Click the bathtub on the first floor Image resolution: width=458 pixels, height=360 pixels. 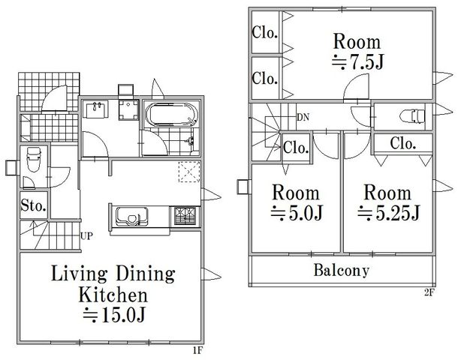[x=171, y=114]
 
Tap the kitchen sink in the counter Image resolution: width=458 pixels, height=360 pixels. [x=131, y=217]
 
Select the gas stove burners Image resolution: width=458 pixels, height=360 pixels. [x=185, y=216]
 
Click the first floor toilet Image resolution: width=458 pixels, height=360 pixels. [x=33, y=160]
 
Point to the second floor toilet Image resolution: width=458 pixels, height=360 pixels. [x=412, y=115]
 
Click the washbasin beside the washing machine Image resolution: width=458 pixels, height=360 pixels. [x=96, y=109]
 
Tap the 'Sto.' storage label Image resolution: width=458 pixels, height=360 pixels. [x=34, y=206]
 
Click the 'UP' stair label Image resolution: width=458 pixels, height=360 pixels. [x=86, y=236]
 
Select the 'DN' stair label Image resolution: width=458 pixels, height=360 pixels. [x=303, y=118]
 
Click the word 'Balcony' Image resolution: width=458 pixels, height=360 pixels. [x=342, y=271]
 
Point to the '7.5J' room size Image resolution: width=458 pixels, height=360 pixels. [x=357, y=61]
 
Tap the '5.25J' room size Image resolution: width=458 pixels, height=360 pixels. [x=388, y=213]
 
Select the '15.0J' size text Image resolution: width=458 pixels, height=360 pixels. [x=114, y=314]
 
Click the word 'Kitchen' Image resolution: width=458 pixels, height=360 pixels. [x=113, y=295]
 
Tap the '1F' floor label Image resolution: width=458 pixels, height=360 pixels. [x=197, y=350]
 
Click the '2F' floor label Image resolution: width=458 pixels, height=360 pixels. [x=429, y=292]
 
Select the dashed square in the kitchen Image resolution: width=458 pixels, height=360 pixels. [x=189, y=172]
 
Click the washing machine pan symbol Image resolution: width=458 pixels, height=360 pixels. [x=128, y=109]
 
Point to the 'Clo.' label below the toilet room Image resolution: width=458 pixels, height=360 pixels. [x=403, y=143]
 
